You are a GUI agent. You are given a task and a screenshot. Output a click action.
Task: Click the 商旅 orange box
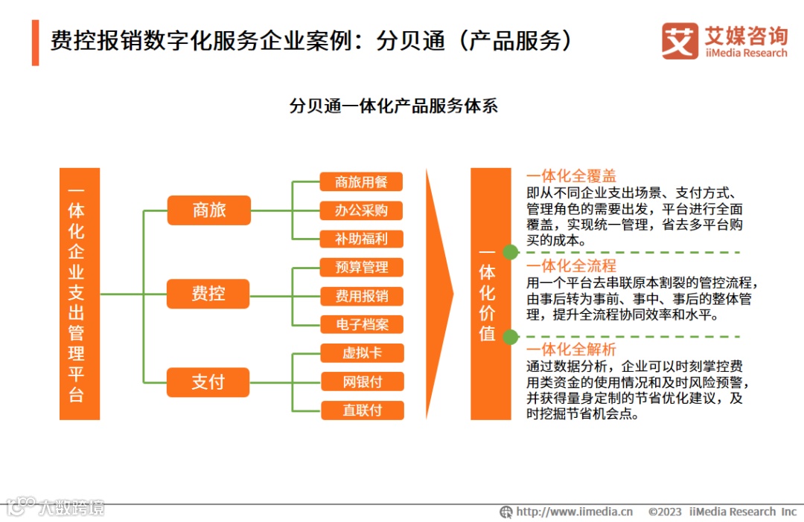[x=208, y=210]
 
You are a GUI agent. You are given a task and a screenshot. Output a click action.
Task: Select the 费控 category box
[x=208, y=294]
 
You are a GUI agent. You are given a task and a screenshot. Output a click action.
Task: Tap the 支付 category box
[x=208, y=382]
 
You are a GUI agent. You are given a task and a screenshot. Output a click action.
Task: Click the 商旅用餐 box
[x=362, y=181]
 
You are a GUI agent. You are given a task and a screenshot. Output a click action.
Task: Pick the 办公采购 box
[x=362, y=210]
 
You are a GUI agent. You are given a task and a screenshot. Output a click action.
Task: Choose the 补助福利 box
[x=362, y=239]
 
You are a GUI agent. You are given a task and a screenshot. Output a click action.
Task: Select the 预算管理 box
[x=362, y=267]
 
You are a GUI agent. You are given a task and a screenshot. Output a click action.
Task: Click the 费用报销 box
[x=362, y=296]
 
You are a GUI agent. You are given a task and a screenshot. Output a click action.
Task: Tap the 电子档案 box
[x=362, y=324]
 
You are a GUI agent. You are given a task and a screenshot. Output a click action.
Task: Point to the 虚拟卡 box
[x=363, y=352]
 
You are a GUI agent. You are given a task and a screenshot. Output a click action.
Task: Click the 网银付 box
[x=363, y=381]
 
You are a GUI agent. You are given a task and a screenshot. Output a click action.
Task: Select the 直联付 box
[x=363, y=410]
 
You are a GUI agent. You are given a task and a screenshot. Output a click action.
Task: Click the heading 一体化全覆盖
[x=571, y=176]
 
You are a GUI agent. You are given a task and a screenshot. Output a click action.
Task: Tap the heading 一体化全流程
[x=571, y=265]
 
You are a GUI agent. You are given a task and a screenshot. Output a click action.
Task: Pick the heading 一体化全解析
[x=571, y=349]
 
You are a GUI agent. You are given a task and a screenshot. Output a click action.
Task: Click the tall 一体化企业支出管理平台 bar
[x=79, y=294]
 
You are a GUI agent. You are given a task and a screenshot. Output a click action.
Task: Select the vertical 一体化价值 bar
[x=490, y=294]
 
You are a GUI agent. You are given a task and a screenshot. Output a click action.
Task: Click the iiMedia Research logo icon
[x=680, y=42]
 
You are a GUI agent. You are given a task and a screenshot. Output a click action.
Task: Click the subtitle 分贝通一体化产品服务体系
[x=393, y=106]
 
